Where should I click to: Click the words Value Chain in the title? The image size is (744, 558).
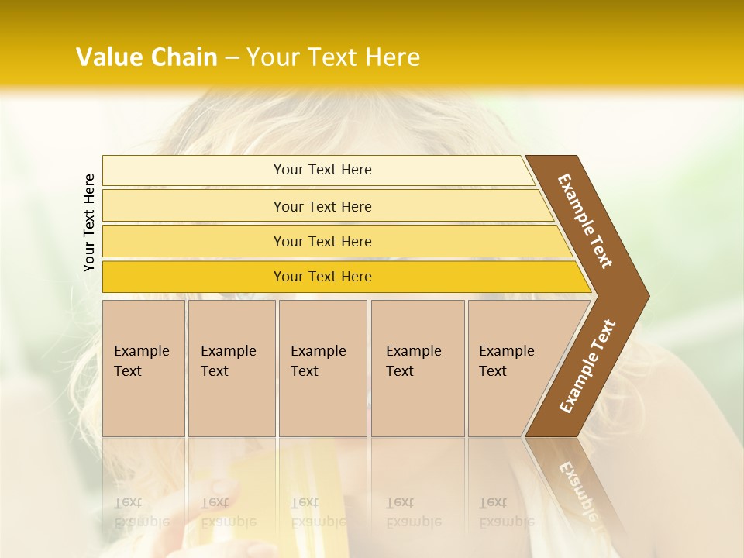coord(146,57)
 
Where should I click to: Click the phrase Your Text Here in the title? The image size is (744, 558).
coord(333,57)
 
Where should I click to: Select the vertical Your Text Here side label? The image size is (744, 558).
coord(89,222)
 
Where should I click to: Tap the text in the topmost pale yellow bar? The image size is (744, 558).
coord(322,170)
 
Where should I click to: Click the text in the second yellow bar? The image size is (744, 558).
coord(322,207)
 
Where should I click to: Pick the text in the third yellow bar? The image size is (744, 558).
coord(322,242)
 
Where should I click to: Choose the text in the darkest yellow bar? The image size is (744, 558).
coord(322,277)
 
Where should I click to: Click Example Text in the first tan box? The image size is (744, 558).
coord(141,361)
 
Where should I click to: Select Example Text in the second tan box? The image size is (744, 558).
coord(228,361)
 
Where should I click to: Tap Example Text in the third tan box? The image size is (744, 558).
coord(318,361)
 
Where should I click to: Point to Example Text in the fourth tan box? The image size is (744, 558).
coord(413,361)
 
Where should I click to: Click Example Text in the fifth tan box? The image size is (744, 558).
coord(506,361)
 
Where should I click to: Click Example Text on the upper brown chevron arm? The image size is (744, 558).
coord(585,221)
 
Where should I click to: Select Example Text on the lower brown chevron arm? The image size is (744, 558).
coord(587,366)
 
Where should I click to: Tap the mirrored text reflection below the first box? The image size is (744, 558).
coord(141,512)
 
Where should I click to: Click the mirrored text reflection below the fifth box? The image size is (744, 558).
coord(506,512)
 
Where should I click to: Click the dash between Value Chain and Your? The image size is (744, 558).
coord(232,58)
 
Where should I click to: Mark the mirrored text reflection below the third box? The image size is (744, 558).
coord(318,512)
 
